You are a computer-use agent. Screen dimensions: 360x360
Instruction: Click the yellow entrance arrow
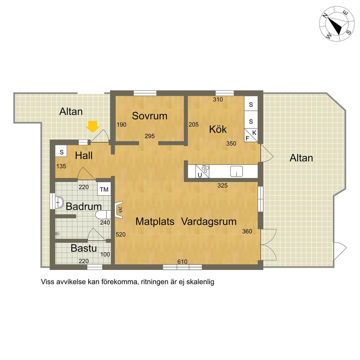pyautogui.click(x=93, y=127)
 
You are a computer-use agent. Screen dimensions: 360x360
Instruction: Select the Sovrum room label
pyautogui.click(x=149, y=116)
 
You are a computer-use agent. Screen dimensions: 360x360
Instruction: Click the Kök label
pyautogui.click(x=218, y=129)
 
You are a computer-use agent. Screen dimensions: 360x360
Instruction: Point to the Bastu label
pyautogui.click(x=84, y=248)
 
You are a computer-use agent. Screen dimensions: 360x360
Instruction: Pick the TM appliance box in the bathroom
pyautogui.click(x=104, y=189)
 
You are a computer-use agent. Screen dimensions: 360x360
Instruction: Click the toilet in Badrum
pyautogui.click(x=103, y=215)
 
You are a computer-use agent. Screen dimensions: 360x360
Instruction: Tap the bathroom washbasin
pyautogui.click(x=59, y=202)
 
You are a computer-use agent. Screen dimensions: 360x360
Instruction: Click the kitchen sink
pyautogui.click(x=237, y=171)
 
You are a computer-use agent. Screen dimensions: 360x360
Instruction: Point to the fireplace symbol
pyautogui.click(x=120, y=210)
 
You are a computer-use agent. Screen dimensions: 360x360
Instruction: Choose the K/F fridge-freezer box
pyautogui.click(x=251, y=135)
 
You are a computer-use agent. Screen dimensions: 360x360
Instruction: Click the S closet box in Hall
pyautogui.click(x=61, y=152)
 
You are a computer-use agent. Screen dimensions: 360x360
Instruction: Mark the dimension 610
pyautogui.click(x=182, y=262)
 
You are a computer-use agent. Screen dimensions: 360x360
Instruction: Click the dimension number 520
pyautogui.click(x=121, y=234)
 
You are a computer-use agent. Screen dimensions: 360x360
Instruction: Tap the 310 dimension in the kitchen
pyautogui.click(x=218, y=99)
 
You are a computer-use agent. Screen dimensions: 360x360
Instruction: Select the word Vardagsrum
pyautogui.click(x=209, y=221)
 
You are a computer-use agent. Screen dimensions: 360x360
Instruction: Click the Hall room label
pyautogui.click(x=84, y=156)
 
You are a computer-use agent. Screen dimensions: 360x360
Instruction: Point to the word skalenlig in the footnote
pyautogui.click(x=200, y=282)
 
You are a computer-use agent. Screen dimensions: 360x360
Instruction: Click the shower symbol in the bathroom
pyautogui.click(x=58, y=234)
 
